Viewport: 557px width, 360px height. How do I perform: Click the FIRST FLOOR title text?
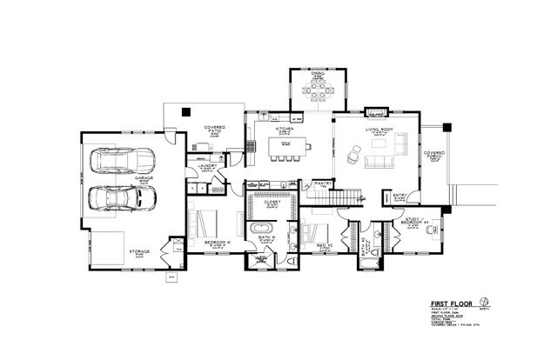[x=452, y=303]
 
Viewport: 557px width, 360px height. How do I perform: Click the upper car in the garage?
[x=120, y=162]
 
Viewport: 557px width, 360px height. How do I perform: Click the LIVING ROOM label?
[x=379, y=130]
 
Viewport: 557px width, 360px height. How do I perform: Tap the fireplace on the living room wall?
[x=377, y=112]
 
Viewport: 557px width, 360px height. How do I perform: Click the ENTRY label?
[x=400, y=196]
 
